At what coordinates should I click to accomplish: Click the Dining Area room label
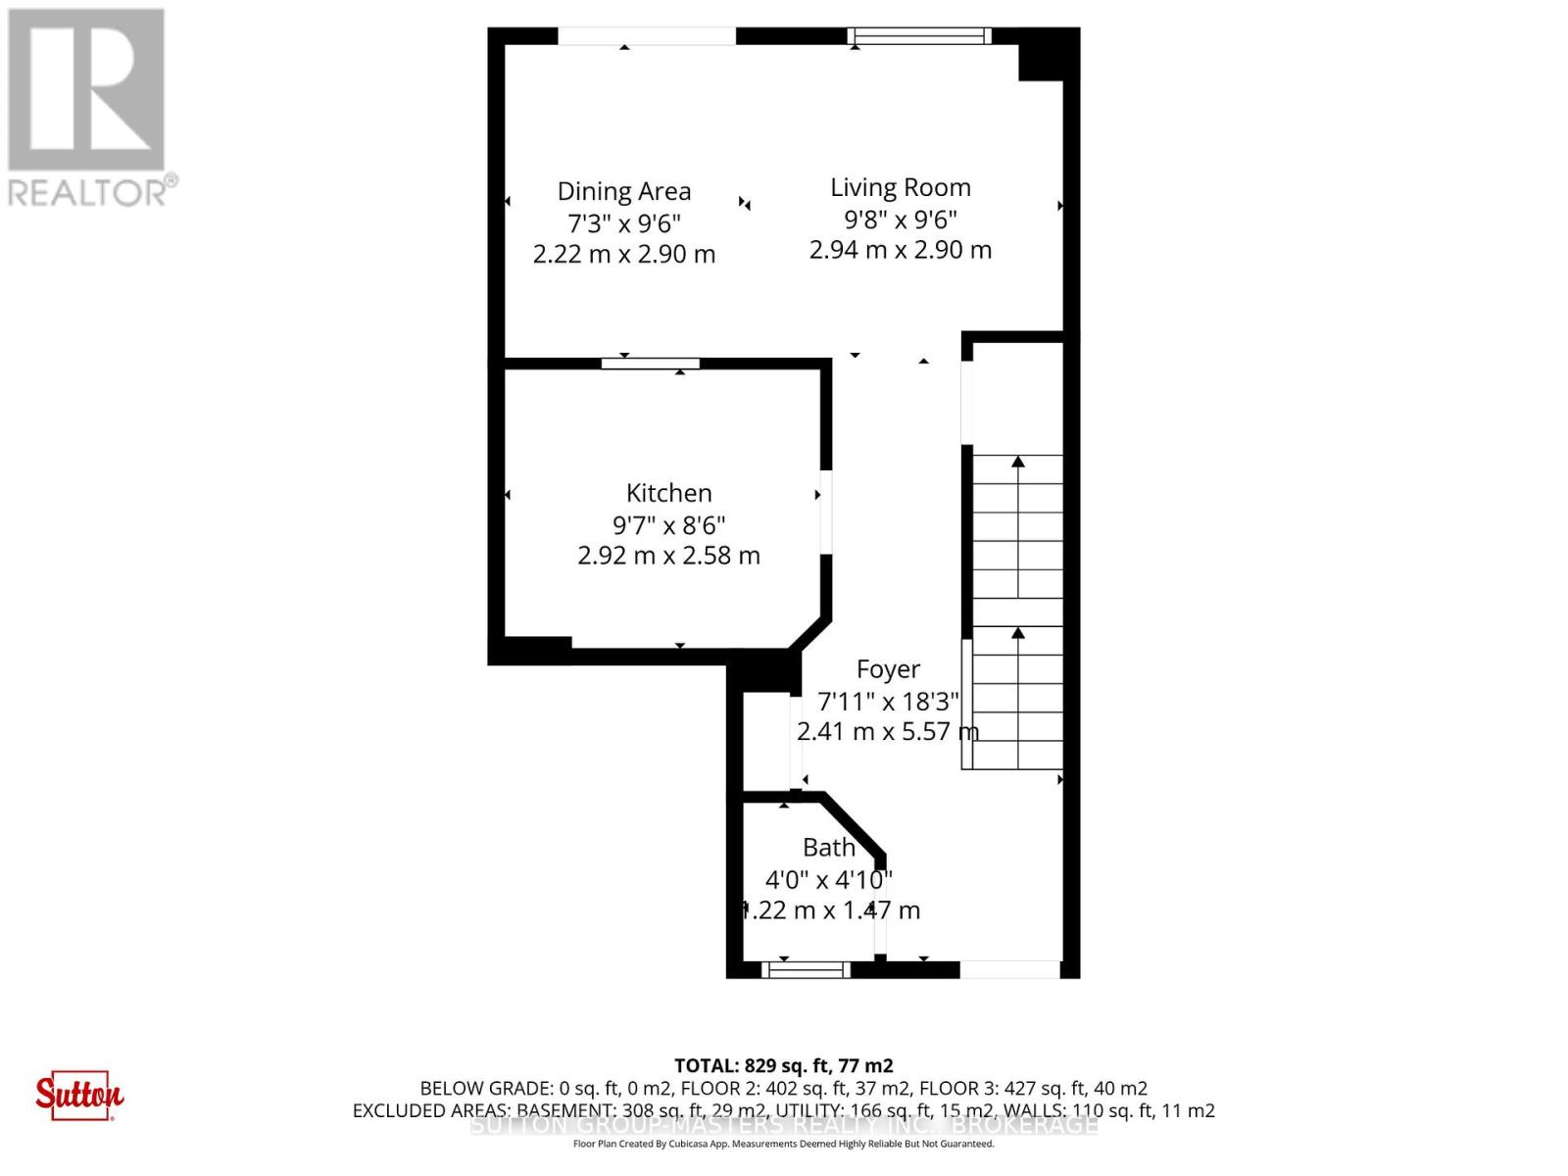coord(624,191)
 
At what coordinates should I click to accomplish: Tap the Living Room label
coord(901,187)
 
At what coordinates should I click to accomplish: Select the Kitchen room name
coord(669,493)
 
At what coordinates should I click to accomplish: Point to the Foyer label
coord(888,669)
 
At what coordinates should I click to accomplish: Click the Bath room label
coord(829,848)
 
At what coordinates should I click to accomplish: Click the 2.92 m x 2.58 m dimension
coord(669,556)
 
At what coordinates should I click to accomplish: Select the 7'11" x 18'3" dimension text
coord(888,701)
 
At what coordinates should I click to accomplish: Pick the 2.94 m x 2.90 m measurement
coord(901,250)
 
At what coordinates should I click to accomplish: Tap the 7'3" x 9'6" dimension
coord(624,222)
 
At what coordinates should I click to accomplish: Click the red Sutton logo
coord(79,1095)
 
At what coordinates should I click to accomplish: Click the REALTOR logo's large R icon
coord(86,90)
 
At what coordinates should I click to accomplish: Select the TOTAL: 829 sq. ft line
coord(784,1065)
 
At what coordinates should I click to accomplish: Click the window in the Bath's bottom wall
coord(807,970)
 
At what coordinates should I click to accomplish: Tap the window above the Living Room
coord(919,36)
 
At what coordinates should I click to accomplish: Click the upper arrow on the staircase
coord(1018,461)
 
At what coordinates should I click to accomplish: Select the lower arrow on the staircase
coord(1018,633)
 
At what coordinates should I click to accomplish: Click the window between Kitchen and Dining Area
coord(651,364)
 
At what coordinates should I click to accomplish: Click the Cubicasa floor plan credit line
coord(784,1144)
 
